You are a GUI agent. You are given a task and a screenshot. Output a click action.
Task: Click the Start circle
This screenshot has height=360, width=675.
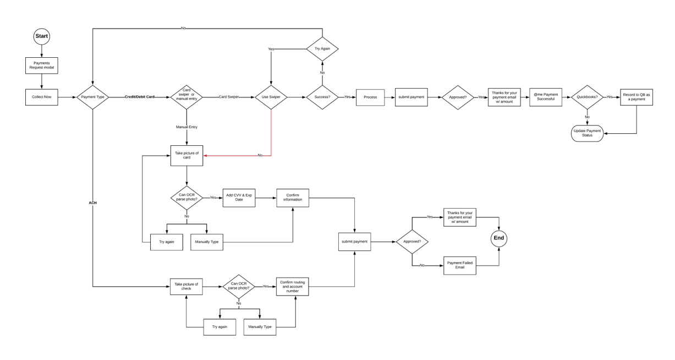pyautogui.click(x=41, y=36)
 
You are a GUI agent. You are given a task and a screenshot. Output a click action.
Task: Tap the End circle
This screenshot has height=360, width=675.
pyautogui.click(x=498, y=238)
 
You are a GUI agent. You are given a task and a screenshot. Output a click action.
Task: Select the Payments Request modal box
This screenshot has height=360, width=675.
pyautogui.click(x=41, y=66)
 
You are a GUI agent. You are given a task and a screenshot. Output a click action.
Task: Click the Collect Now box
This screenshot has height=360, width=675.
pyautogui.click(x=41, y=97)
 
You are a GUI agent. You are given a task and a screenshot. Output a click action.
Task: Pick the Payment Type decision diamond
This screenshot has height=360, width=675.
pyautogui.click(x=92, y=97)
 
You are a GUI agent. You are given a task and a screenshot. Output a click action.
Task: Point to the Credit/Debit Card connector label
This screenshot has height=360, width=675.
pyautogui.click(x=139, y=97)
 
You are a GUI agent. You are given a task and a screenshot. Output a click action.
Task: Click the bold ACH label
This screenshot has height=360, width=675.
pyautogui.click(x=92, y=203)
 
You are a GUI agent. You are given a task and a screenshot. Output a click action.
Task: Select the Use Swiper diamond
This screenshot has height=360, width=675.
pyautogui.click(x=271, y=97)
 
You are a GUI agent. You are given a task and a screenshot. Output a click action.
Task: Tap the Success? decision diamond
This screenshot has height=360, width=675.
pyautogui.click(x=322, y=97)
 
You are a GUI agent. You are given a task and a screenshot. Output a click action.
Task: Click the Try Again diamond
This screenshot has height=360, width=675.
pyautogui.click(x=322, y=49)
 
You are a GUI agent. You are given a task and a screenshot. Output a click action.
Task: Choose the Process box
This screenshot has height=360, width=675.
pyautogui.click(x=370, y=97)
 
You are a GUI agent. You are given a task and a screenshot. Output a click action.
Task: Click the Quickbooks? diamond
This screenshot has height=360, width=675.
pyautogui.click(x=586, y=97)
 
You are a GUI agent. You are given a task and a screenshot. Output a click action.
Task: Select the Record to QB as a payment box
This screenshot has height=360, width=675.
pyautogui.click(x=636, y=97)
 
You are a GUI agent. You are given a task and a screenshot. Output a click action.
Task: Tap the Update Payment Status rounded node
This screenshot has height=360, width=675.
pyautogui.click(x=587, y=133)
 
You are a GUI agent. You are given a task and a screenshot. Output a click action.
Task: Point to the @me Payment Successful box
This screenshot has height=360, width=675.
pyautogui.click(x=546, y=97)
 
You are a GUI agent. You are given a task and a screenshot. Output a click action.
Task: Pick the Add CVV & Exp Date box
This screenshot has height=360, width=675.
pyautogui.click(x=239, y=198)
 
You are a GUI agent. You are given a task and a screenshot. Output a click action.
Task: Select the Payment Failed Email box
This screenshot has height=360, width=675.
pyautogui.click(x=460, y=265)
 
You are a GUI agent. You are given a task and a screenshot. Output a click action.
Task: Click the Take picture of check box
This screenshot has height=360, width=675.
pyautogui.click(x=186, y=286)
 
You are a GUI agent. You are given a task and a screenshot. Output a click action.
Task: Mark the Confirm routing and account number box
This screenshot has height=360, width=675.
pyautogui.click(x=293, y=286)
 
